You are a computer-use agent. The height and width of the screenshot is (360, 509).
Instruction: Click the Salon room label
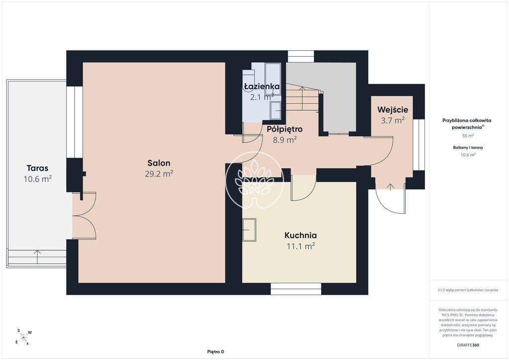[159, 163]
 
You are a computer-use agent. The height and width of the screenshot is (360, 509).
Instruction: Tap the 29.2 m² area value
[159, 174]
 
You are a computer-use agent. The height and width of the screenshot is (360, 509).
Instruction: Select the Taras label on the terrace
[38, 168]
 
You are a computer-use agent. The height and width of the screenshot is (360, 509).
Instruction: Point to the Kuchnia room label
[301, 235]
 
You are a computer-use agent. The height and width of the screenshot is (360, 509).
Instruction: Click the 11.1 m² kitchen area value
[301, 246]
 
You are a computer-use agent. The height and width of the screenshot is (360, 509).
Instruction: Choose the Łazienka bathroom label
[261, 87]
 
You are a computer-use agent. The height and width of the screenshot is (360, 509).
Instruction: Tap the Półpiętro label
[285, 129]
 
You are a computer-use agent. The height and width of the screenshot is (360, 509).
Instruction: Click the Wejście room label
[393, 110]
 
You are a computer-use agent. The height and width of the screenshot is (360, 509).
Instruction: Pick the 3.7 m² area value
[393, 120]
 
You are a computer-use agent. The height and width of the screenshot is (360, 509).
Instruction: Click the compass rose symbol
[24, 337]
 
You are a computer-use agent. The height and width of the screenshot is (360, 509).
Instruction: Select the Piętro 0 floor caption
[216, 352]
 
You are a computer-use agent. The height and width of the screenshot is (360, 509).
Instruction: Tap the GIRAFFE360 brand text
[468, 345]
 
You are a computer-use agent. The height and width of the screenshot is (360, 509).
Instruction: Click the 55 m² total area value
[468, 136]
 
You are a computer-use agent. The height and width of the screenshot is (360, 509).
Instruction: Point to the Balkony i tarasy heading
[468, 147]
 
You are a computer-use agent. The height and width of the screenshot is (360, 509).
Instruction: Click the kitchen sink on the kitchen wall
[249, 230]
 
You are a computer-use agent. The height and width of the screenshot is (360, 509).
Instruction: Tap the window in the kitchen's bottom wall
[296, 288]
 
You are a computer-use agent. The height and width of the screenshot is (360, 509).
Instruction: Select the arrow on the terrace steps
[38, 257]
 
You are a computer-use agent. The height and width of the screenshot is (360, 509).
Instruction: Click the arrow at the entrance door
[390, 186]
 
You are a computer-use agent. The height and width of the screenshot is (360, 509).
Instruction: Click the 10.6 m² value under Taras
[38, 179]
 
